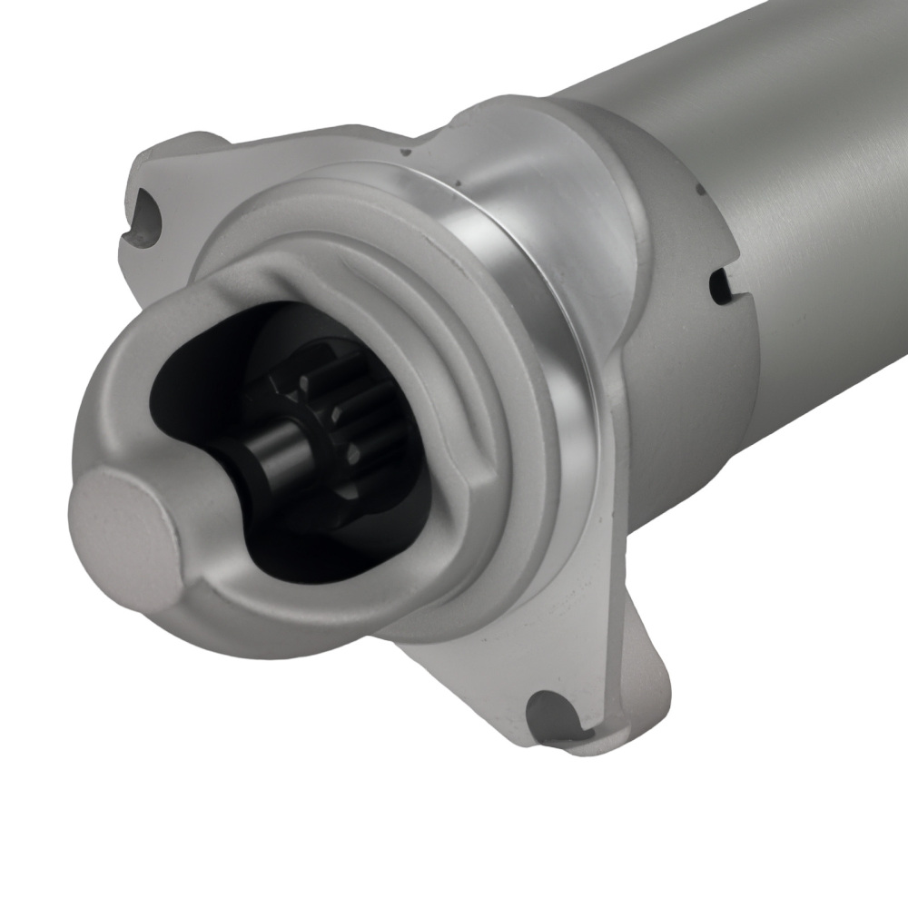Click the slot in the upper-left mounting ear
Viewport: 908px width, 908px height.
tap(145, 218)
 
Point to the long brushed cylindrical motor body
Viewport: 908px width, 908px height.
tap(772, 118)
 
